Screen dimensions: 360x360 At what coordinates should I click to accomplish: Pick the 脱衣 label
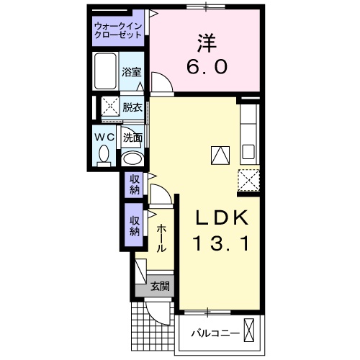pyautogui.click(x=132, y=108)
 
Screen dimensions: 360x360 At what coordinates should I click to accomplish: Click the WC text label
pyautogui.click(x=104, y=137)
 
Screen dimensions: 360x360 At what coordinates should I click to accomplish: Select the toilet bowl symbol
pyautogui.click(x=104, y=155)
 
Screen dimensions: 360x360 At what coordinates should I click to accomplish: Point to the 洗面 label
pyautogui.click(x=132, y=137)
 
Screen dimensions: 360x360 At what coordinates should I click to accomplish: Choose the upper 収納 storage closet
pyautogui.click(x=135, y=185)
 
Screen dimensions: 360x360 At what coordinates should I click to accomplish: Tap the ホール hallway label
pyautogui.click(x=161, y=237)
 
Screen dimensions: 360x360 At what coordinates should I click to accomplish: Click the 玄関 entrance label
pyautogui.click(x=160, y=287)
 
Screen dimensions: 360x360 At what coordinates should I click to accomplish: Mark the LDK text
pyautogui.click(x=222, y=218)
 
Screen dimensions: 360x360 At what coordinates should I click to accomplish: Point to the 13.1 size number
pyautogui.click(x=222, y=245)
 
